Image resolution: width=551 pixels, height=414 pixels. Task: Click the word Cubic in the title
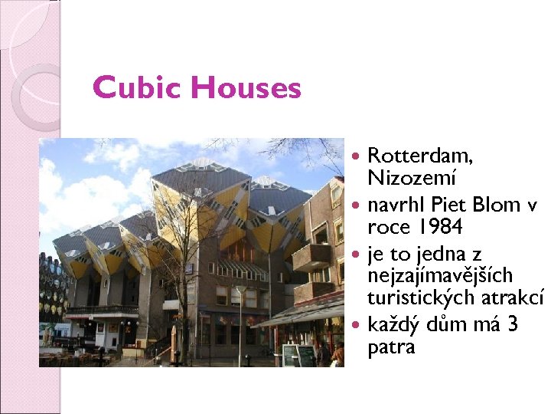(x=138, y=88)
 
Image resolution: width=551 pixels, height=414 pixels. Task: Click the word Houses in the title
(x=246, y=88)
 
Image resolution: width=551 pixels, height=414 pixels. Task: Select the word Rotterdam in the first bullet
(x=420, y=156)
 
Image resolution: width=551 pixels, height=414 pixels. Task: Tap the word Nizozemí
(x=412, y=179)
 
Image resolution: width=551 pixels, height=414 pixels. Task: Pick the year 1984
(x=442, y=228)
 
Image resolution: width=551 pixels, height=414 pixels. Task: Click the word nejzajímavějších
(x=441, y=274)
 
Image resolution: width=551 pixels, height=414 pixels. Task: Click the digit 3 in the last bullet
(x=513, y=324)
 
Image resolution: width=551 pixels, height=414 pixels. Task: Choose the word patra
(x=391, y=347)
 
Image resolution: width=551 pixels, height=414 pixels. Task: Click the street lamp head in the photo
(x=240, y=289)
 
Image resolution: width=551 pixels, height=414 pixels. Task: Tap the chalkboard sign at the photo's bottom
(x=298, y=355)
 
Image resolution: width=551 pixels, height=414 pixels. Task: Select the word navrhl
(x=396, y=205)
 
